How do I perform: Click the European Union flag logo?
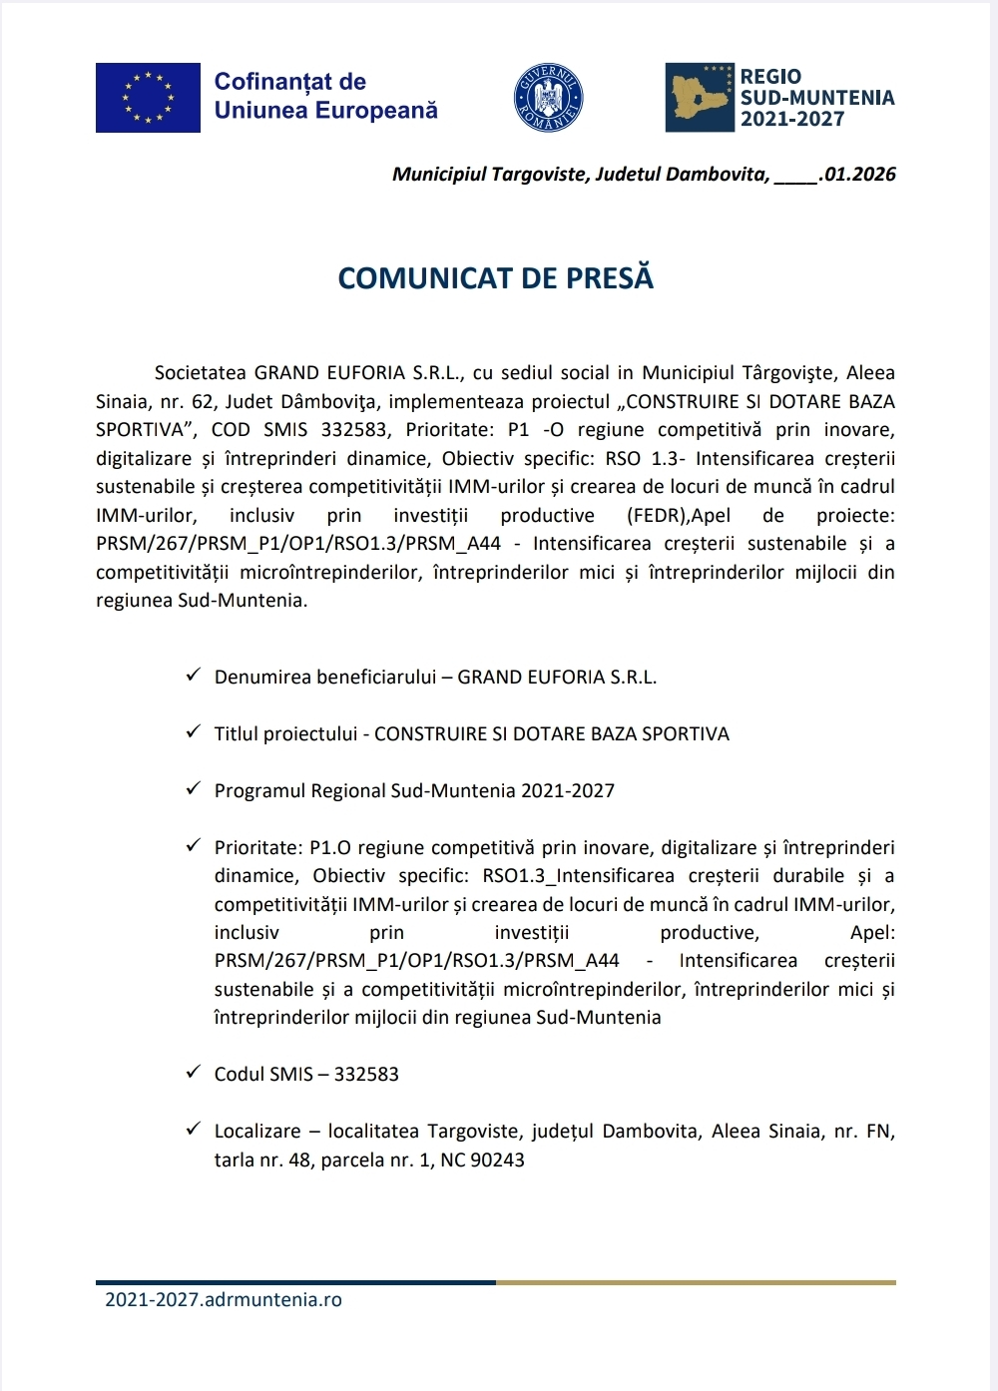(148, 98)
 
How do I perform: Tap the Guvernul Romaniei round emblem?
(548, 98)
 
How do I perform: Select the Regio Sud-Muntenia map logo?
(700, 98)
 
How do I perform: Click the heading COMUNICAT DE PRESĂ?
(496, 278)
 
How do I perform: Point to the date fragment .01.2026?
(858, 175)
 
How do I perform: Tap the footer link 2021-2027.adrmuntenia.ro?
(224, 1300)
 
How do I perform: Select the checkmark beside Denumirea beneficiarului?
(194, 676)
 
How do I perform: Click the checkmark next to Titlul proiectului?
(194, 732)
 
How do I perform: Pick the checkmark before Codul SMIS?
(194, 1073)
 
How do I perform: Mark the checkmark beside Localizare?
(194, 1130)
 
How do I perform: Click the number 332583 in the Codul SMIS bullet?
(366, 1075)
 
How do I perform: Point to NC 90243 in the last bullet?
(482, 1160)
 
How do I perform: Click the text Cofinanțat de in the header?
(290, 82)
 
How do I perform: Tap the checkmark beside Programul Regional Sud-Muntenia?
(194, 789)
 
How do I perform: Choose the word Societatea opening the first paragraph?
(200, 373)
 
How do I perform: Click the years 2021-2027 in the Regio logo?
(792, 119)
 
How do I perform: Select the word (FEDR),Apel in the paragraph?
(679, 516)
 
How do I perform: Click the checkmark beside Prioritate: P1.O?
(194, 846)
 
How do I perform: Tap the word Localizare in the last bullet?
(257, 1132)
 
